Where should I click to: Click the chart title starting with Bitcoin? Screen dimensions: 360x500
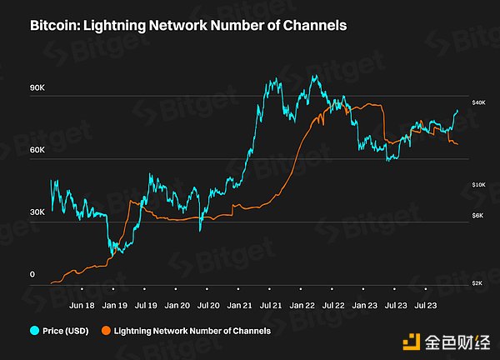(187, 26)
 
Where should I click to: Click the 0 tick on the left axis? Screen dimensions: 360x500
(32, 274)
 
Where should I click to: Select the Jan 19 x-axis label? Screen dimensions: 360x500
(115, 306)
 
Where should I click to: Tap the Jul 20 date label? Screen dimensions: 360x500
(208, 306)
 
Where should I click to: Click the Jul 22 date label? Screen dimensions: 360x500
(334, 306)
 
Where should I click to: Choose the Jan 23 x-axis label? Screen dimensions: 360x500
(365, 306)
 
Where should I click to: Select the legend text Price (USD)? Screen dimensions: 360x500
(67, 331)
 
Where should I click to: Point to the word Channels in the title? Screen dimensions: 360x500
(317, 26)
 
